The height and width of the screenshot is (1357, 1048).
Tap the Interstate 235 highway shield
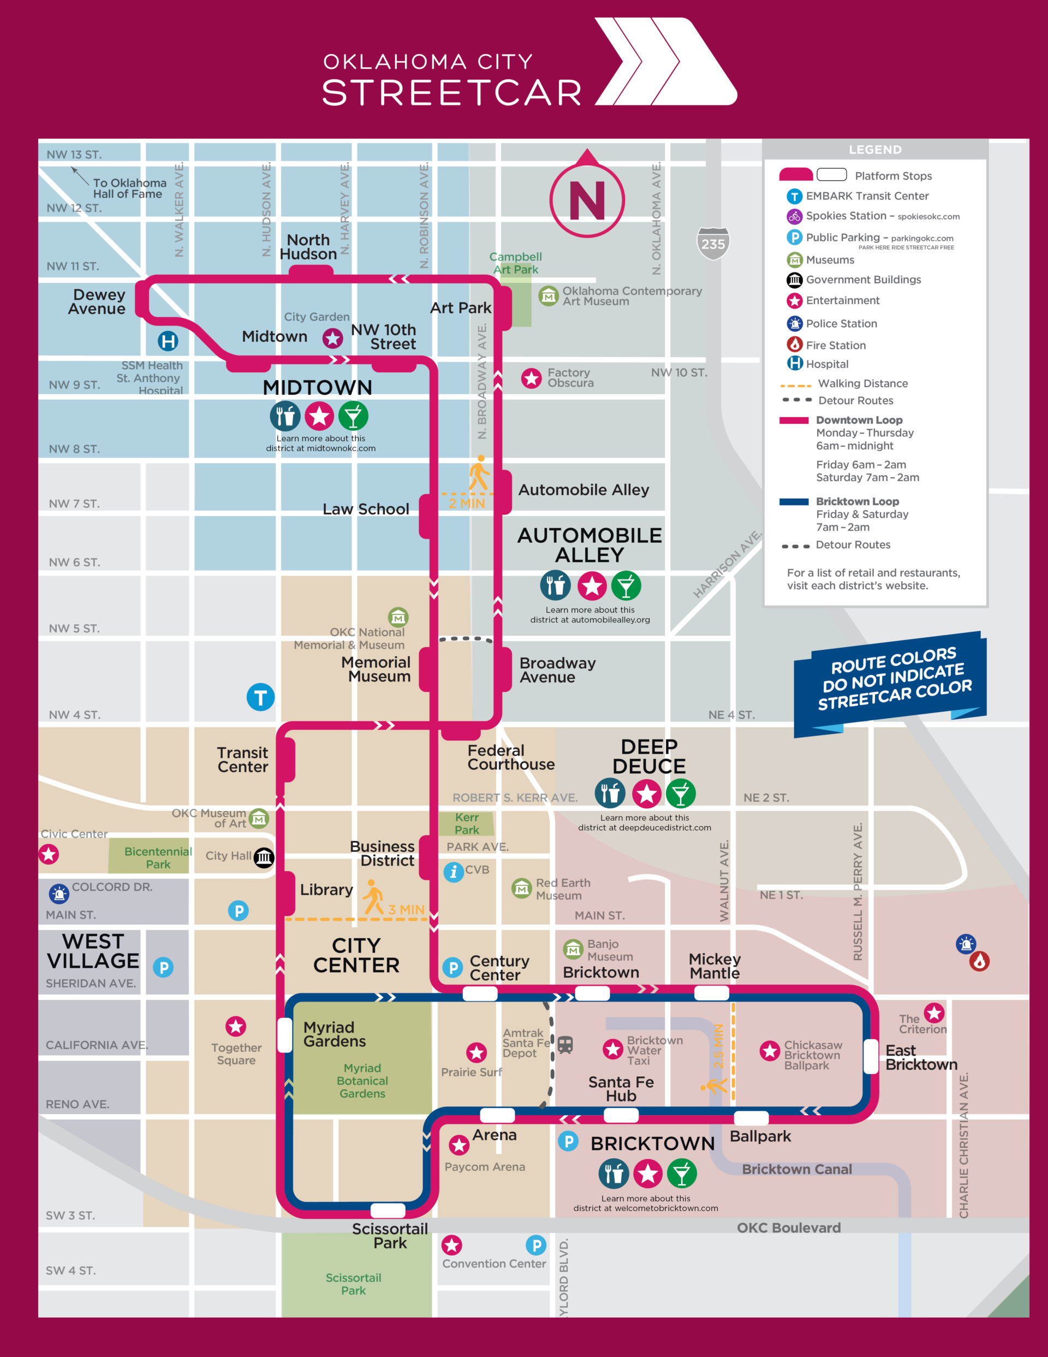click(x=712, y=243)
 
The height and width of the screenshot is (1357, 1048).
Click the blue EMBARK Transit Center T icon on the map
click(x=260, y=697)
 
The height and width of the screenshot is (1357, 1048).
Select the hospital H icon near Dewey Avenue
click(x=168, y=341)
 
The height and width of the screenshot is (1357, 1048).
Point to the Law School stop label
click(x=365, y=509)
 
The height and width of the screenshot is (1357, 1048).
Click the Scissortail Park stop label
click(x=390, y=1236)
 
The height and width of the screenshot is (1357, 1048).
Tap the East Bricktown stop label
click(x=921, y=1058)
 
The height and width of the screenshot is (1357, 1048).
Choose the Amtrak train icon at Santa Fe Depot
click(x=565, y=1045)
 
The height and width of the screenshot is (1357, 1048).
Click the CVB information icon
click(x=454, y=872)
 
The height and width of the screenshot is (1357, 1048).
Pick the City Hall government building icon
click(x=264, y=857)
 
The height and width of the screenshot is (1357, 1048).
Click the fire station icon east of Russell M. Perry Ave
click(x=979, y=961)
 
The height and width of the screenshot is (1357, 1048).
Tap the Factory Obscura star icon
click(x=531, y=378)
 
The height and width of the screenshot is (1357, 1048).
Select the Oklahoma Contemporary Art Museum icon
click(x=548, y=297)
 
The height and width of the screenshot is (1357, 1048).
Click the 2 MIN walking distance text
click(x=467, y=503)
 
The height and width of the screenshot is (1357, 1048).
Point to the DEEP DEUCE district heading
click(x=648, y=756)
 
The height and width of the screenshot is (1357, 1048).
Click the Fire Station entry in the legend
click(x=836, y=345)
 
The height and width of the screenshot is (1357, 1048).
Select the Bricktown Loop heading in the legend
click(x=858, y=501)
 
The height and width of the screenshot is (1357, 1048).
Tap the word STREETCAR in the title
click(x=451, y=93)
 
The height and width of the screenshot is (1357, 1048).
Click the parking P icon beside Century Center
click(x=453, y=968)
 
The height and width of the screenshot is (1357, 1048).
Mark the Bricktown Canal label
click(x=796, y=1169)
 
